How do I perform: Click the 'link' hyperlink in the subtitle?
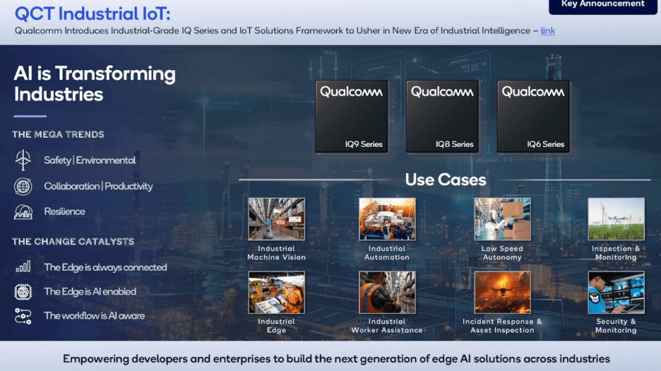coord(547,30)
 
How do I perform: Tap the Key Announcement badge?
coord(602,5)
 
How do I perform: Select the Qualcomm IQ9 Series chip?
coord(351,116)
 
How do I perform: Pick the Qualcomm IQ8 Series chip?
coord(442,116)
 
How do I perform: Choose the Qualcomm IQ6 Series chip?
coord(533,116)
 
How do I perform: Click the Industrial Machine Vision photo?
coord(277,219)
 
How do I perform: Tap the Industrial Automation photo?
coord(387,219)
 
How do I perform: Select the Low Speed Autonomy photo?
coord(502,219)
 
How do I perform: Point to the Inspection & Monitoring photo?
coord(616,219)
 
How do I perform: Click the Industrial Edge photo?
coord(277,293)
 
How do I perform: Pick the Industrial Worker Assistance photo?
coord(387,293)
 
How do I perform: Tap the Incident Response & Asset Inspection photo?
coord(502,293)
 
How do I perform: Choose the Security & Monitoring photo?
coord(616,293)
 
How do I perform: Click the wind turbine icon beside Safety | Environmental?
coord(23,160)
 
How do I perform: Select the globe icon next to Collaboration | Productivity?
coord(23,187)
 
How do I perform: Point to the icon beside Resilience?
coord(23,212)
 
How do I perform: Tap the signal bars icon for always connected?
coord(23,267)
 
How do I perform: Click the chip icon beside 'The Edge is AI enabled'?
coord(23,291)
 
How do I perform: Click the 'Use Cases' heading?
coord(446,179)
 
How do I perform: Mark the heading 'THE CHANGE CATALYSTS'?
coord(73,242)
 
